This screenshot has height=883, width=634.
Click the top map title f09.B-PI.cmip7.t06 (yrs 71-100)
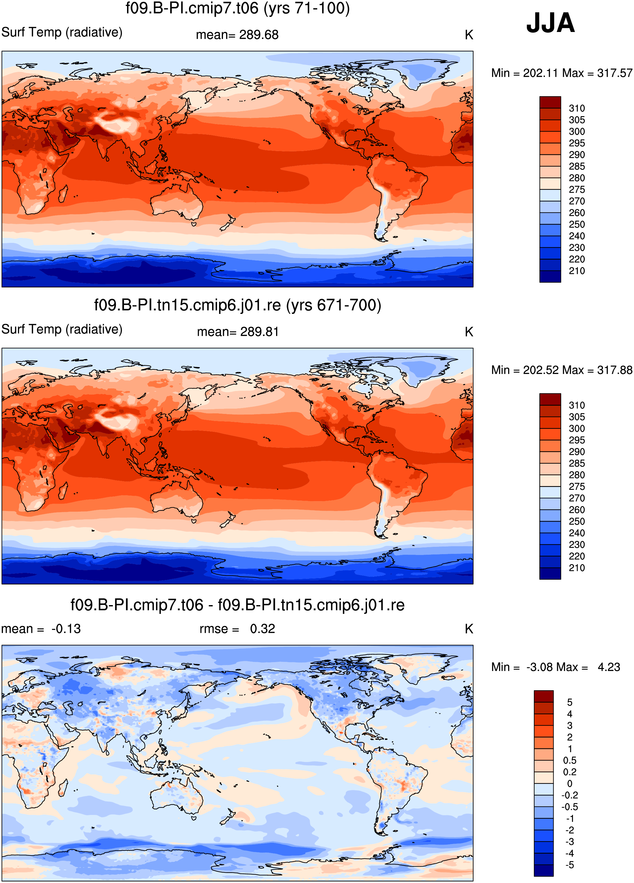coord(238,8)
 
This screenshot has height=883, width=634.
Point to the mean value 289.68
coord(259,35)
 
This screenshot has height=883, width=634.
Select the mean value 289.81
coord(260,332)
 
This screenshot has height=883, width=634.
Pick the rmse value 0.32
coord(263,629)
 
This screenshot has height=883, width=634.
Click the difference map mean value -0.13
coord(66,629)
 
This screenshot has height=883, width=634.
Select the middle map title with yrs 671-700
coord(238,305)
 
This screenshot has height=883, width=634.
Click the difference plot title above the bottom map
coord(238,605)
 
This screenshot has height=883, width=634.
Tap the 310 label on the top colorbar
coord(577,108)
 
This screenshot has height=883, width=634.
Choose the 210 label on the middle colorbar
coord(577,568)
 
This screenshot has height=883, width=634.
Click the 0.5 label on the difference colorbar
coord(570,760)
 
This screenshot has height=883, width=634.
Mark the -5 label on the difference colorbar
coord(570,865)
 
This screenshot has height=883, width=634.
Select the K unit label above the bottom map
coord(469,629)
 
